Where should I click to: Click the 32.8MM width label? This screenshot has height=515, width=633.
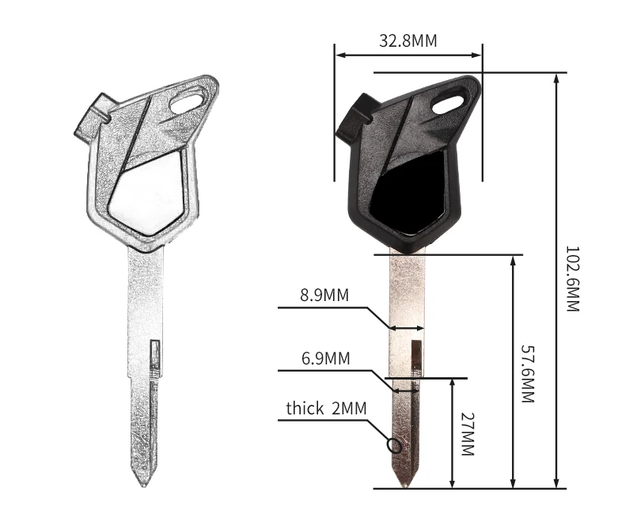coord(407,41)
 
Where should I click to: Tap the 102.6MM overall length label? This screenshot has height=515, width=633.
coord(572,279)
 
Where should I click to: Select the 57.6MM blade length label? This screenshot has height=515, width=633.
coord(528,374)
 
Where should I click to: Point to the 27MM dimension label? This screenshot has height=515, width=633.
coord(468,434)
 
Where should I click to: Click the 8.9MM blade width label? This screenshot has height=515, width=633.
coord(324,295)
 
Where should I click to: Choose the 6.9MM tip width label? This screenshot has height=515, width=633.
coord(326,358)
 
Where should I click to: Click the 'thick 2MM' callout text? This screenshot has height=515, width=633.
coord(327,408)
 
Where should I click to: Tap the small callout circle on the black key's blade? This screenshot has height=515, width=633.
coord(393,445)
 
